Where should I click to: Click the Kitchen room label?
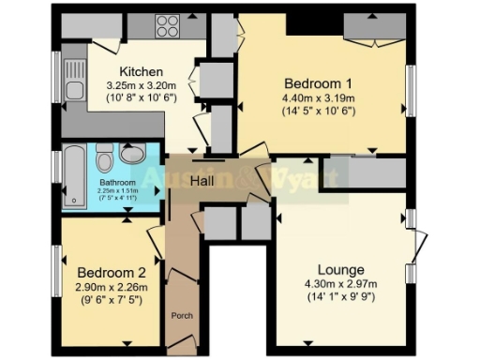[x=142, y=71]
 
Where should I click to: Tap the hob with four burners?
[x=169, y=25]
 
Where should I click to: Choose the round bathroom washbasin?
[x=132, y=154]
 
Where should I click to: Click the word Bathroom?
[x=119, y=182]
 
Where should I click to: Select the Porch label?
[x=182, y=316]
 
